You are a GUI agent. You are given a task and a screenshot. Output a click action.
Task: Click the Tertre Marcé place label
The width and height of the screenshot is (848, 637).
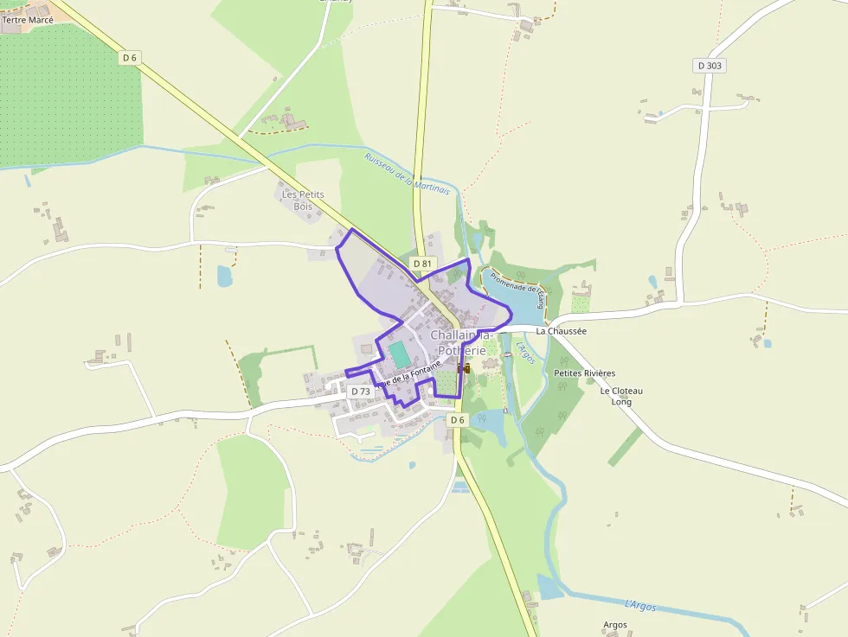28,19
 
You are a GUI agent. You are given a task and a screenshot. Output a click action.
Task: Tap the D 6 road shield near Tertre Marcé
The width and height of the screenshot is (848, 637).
130,58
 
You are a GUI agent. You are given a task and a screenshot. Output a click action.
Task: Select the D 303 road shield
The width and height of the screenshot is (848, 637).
710,65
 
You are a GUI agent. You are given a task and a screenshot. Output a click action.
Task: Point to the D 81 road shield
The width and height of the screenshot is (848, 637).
422,263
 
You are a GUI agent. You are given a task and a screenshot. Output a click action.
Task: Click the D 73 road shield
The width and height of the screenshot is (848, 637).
360,392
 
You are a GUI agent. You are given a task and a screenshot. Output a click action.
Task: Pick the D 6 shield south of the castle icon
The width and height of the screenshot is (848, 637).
458,420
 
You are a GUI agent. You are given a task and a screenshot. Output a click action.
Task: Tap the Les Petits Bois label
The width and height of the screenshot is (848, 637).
303,201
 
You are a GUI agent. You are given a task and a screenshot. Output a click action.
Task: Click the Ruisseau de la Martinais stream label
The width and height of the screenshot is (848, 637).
407,173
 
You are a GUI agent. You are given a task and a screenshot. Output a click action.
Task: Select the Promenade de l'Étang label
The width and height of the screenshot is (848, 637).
516,290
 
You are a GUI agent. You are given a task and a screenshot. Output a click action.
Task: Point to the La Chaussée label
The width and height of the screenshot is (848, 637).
561,331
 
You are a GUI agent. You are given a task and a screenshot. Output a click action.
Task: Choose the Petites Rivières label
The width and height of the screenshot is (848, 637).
584,373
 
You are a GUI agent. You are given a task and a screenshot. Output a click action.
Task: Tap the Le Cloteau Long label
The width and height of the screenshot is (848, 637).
621,396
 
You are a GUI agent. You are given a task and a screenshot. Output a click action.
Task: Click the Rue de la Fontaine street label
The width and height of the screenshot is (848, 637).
408,374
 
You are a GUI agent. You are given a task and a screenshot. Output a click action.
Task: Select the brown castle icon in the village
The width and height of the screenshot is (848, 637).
464,367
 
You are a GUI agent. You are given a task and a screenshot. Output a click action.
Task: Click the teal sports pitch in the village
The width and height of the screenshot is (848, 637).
399,354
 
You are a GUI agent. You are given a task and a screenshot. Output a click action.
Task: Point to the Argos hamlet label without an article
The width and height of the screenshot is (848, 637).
614,624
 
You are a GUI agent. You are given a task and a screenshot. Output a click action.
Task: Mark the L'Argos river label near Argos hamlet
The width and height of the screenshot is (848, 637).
640,605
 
